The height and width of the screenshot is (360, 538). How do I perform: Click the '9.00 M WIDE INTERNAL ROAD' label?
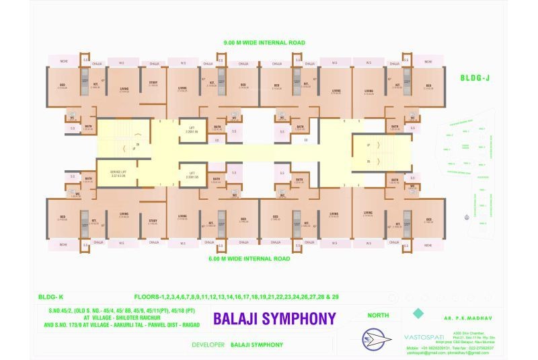point(264,43)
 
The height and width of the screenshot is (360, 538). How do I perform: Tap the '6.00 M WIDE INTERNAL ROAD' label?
point(249,258)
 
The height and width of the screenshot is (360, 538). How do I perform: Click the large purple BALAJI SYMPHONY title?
point(273,318)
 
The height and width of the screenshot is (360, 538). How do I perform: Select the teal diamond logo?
point(419,313)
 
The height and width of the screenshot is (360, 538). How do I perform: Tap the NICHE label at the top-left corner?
point(63,61)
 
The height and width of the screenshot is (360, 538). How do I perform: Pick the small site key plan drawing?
point(471,168)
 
